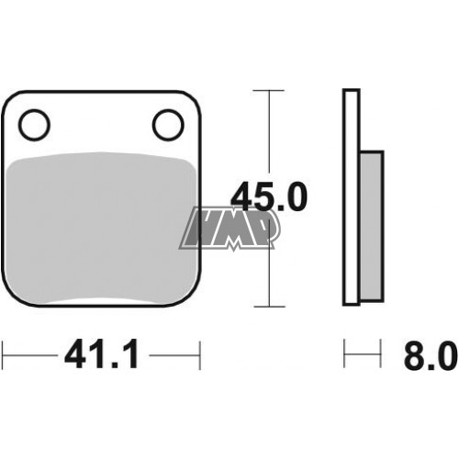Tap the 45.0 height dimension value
[268, 196]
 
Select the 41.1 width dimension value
[101, 354]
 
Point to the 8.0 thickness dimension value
[431, 355]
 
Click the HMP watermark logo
[229, 229]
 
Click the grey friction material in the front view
[101, 228]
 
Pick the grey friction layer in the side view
[372, 226]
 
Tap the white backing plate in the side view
[351, 197]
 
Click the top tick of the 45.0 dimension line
[269, 91]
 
